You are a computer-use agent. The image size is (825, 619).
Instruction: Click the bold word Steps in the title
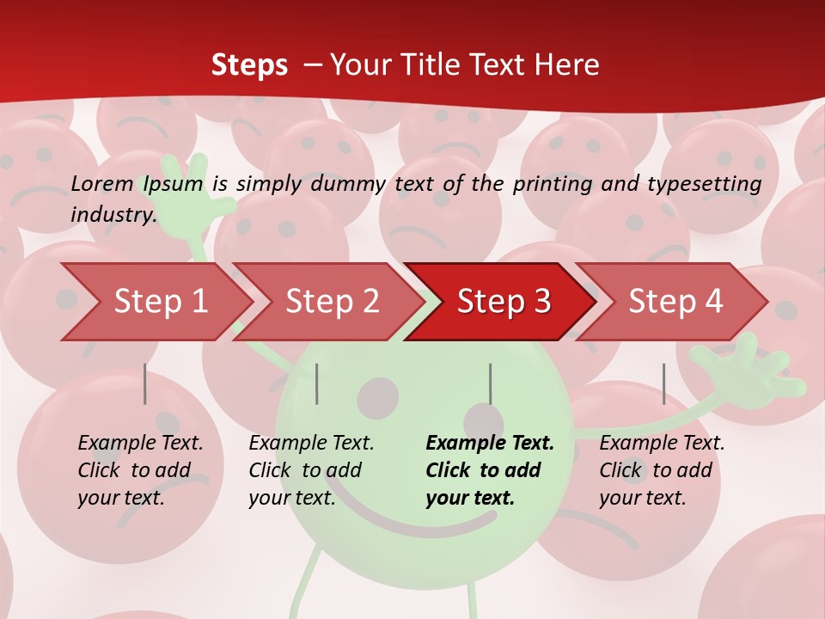249,65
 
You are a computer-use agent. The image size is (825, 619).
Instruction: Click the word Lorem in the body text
101,183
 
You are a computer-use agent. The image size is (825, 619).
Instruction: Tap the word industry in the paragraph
113,214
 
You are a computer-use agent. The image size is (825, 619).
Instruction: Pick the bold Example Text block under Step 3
490,470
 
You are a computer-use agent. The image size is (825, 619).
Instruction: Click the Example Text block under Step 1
140,470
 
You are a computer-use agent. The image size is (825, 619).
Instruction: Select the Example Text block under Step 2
311,470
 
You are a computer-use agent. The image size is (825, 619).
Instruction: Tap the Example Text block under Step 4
662,470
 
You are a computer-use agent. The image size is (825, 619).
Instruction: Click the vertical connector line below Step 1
145,383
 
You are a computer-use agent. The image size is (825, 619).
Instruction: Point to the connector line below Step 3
490,383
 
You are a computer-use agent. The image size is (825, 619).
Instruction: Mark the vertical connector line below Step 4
663,383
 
